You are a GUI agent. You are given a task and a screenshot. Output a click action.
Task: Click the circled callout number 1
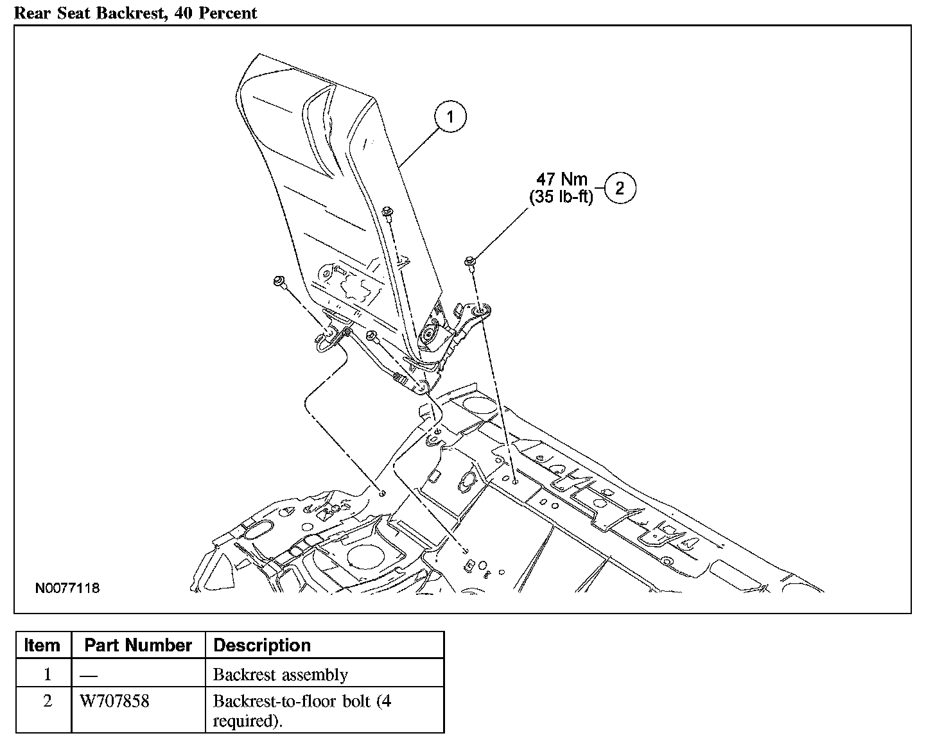[450, 117]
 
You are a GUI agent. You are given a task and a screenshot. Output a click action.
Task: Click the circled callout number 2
[619, 188]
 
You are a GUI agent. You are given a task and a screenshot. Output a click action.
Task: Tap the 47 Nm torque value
[562, 179]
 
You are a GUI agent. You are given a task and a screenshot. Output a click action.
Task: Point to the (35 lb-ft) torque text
[561, 197]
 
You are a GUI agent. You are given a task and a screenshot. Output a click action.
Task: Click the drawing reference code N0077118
[67, 588]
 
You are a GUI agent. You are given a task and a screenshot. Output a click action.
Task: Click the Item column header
[42, 645]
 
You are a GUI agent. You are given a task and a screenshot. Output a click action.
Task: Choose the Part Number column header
[138, 645]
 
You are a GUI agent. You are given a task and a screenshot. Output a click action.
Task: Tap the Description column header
[262, 645]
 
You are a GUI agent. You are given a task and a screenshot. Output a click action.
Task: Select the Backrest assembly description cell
[280, 674]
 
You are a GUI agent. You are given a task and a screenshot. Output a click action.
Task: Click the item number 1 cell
[47, 674]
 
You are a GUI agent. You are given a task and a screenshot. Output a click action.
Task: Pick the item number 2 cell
[47, 701]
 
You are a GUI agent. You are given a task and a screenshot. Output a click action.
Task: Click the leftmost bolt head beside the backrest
[280, 280]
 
